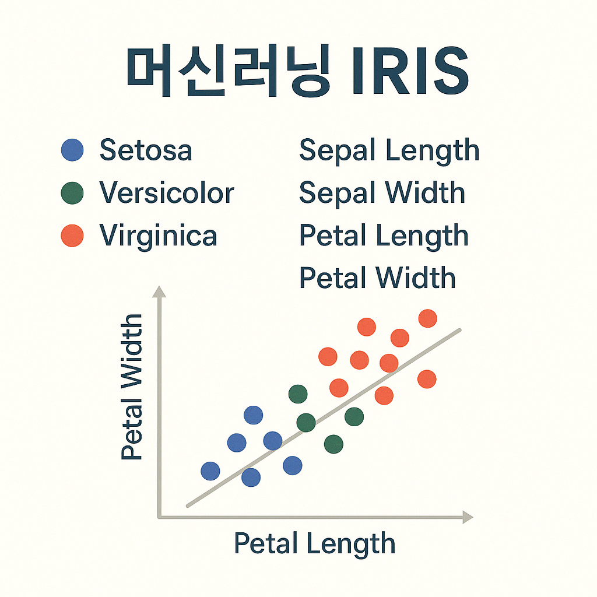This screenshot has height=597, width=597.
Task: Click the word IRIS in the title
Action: point(410,71)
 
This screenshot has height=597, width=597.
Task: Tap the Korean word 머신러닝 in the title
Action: point(228,71)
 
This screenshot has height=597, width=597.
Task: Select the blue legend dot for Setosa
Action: point(72,150)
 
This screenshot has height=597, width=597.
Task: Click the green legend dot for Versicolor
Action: point(72,193)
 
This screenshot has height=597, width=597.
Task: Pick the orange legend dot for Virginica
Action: point(72,236)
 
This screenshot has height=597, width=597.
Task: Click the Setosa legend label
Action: point(146,150)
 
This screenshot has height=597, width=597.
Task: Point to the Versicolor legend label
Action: point(167,192)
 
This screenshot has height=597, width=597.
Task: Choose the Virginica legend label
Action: point(158,237)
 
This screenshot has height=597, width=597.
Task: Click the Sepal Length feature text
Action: point(389,152)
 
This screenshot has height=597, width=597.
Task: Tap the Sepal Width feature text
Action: point(382,194)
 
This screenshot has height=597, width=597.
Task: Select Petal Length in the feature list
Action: point(384,237)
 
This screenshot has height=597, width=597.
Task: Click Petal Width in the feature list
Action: point(377,278)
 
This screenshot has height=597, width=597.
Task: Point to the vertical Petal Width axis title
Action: point(132,387)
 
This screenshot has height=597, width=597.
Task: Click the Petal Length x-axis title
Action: point(314,545)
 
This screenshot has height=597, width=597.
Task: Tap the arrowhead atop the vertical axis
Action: point(159,292)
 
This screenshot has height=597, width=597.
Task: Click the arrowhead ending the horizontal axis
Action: point(468,517)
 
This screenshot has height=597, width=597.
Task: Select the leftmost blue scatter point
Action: point(210,471)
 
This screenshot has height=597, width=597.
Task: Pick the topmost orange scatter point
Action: point(427,318)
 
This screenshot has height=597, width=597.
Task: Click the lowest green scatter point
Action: point(333,444)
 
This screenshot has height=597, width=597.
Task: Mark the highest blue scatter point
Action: point(253,415)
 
